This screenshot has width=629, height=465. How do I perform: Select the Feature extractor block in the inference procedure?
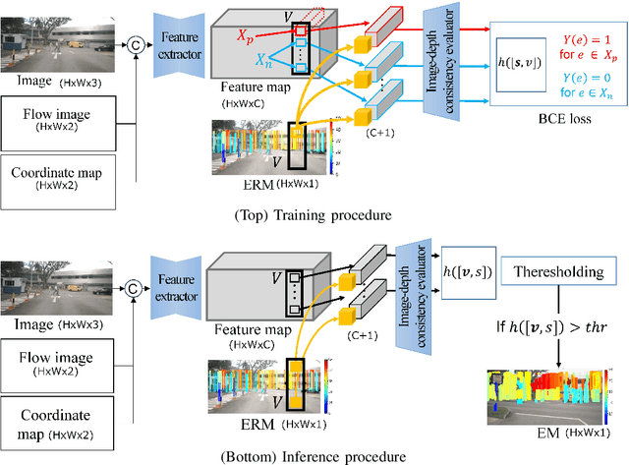click(178, 279)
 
